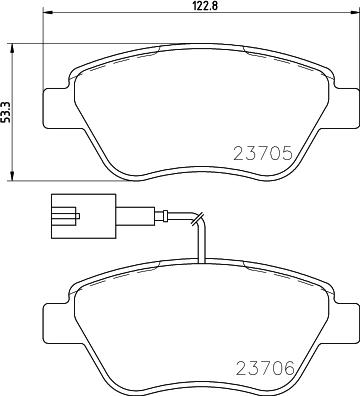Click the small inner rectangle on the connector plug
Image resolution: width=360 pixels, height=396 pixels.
pyautogui.click(x=66, y=213)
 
